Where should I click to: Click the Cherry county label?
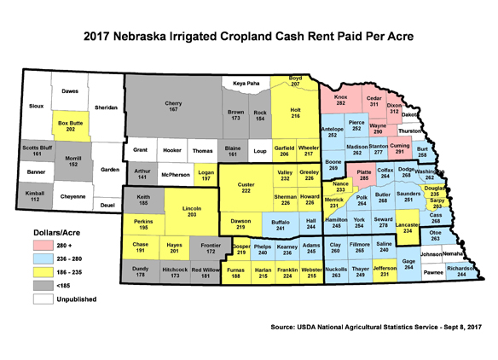tap(173, 104)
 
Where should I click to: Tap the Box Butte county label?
tap(71, 124)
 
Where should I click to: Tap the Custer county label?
tap(246, 184)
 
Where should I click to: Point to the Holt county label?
tap(297, 110)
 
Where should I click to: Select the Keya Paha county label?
tap(245, 83)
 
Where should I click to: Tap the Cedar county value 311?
tap(373, 104)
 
